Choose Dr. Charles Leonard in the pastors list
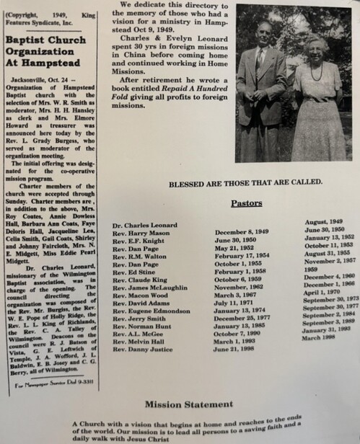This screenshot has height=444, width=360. tap(144, 225)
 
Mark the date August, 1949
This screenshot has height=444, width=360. tap(326, 222)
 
